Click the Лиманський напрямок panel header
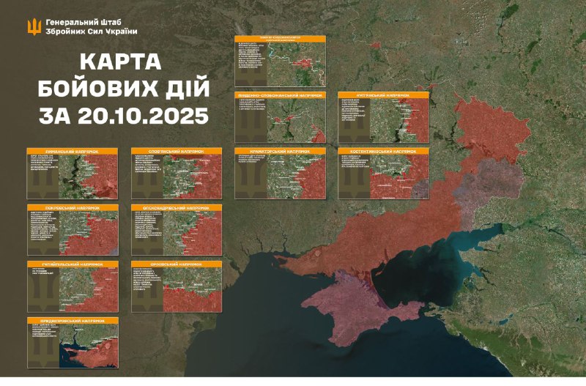pos(73,151)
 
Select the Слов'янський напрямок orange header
pos(177,151)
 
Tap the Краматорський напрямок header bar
pos(280,151)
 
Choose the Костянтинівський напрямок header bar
pos(383,151)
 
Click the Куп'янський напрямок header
pos(383,94)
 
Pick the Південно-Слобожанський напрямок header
pos(280,94)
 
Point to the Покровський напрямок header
pos(73,207)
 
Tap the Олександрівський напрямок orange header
pos(177,207)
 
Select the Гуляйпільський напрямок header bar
pos(73,263)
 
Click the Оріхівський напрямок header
pos(177,263)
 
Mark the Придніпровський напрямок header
pos(73,320)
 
